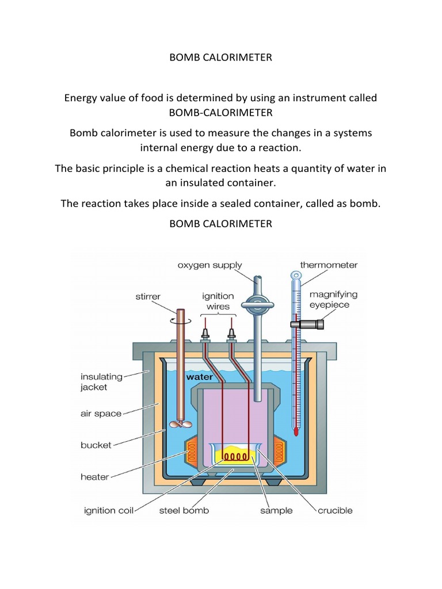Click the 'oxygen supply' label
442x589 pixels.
pos(209,265)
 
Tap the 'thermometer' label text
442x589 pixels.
pos(329,265)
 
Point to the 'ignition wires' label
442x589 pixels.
pos(218,301)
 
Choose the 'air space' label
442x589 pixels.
pos(101,414)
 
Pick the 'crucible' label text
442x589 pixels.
pos(335,510)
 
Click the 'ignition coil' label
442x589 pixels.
pos(105,510)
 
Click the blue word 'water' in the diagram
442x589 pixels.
pos(199,377)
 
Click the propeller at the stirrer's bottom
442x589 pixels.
pos(177,424)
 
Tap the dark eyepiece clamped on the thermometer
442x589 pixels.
pos(307,324)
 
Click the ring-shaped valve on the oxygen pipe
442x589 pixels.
pos(256,305)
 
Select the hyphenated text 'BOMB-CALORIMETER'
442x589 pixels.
pos(220,112)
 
